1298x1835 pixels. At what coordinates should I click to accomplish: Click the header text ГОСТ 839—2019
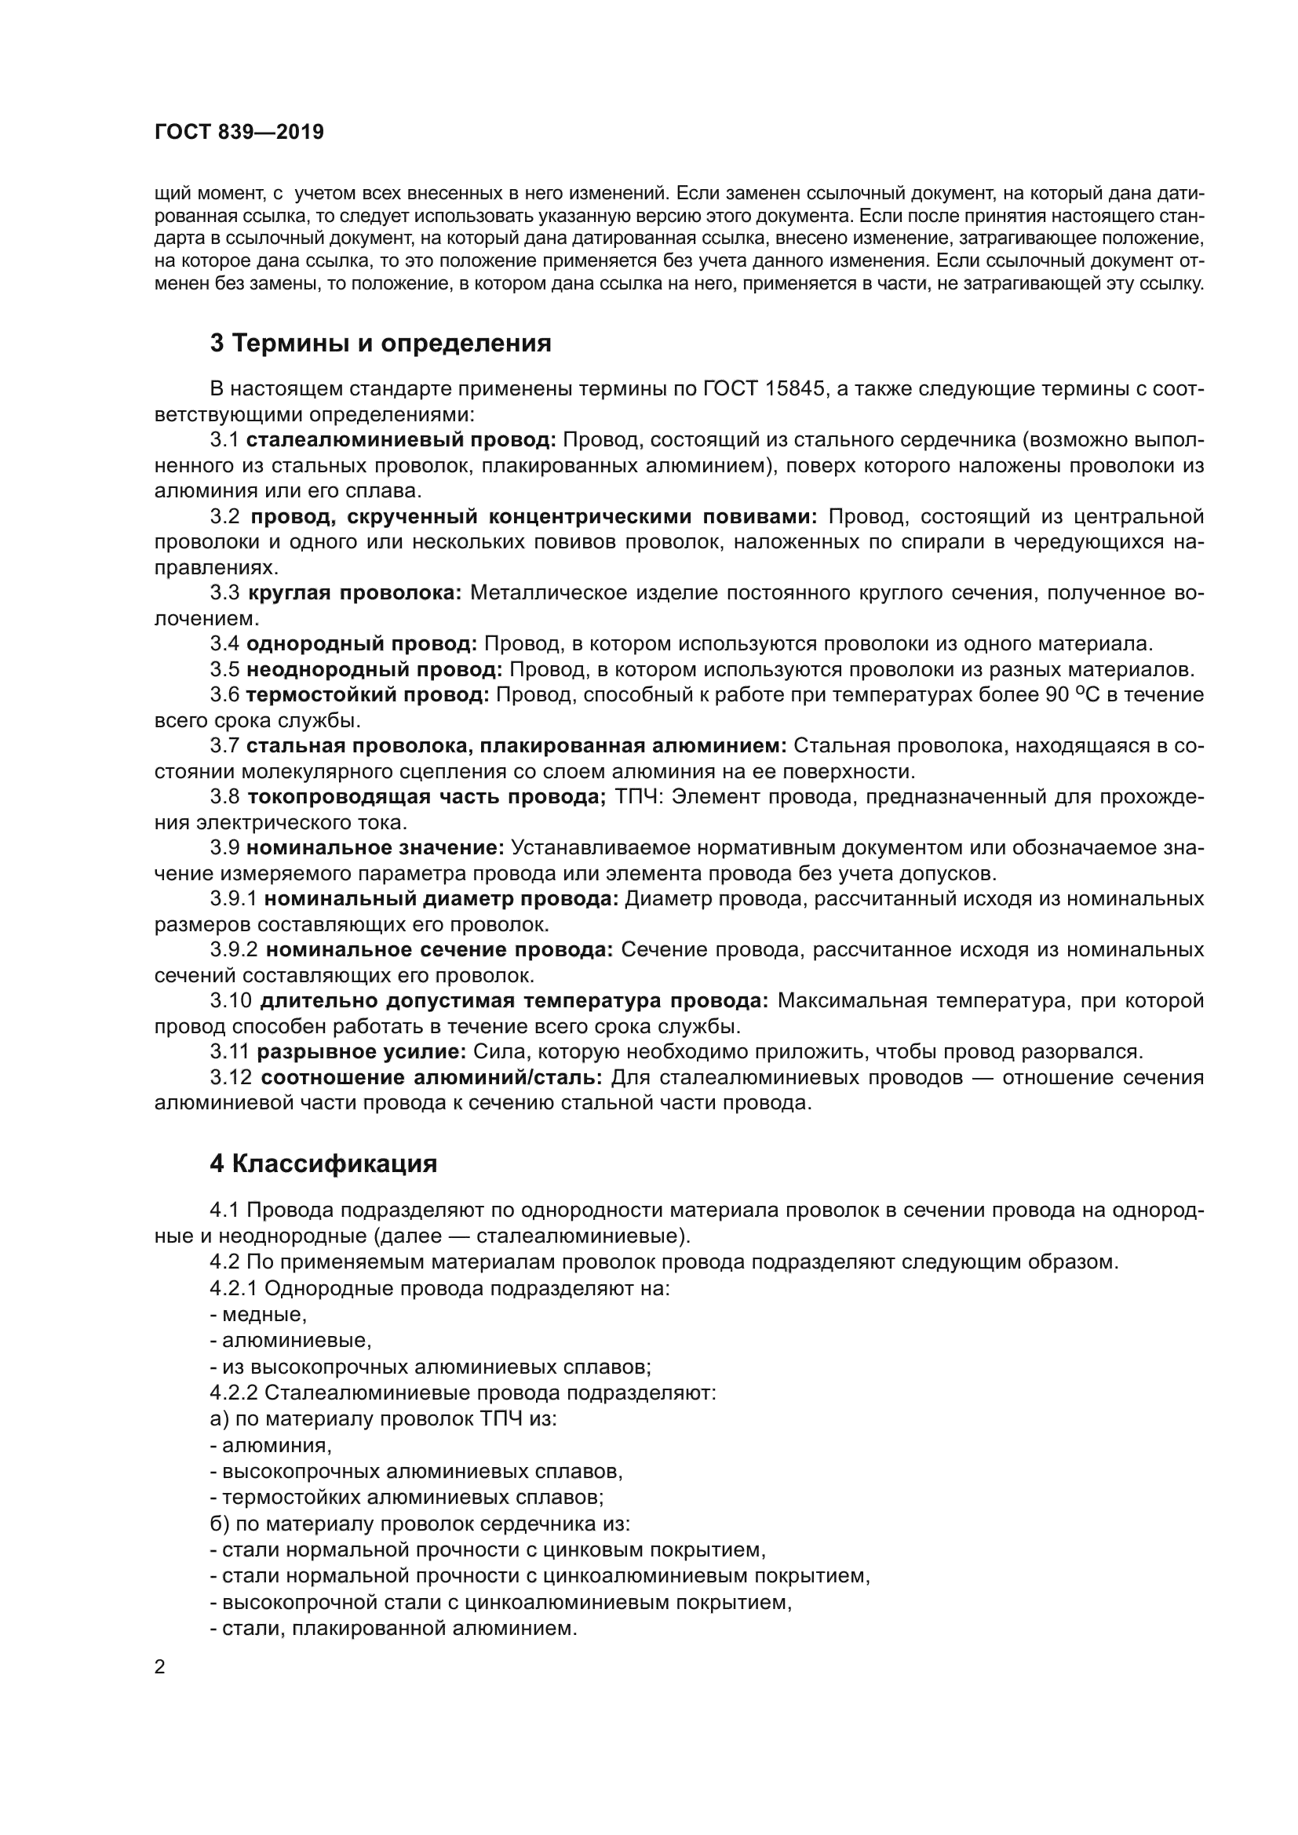coord(239,132)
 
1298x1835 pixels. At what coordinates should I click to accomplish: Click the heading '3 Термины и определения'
coord(381,343)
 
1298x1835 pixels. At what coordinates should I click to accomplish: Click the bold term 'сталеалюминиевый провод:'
coord(401,439)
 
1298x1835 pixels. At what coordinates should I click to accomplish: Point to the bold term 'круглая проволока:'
coord(355,593)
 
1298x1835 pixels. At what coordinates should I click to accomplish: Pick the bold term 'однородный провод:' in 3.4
coord(361,643)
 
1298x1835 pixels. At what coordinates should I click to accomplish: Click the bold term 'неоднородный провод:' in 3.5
coord(374,669)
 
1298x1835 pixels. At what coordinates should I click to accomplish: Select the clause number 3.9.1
coord(233,898)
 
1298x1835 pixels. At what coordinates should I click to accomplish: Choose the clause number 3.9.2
coord(234,949)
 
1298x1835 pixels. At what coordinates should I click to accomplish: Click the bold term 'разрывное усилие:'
coord(361,1052)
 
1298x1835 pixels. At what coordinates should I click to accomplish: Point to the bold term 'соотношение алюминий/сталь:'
coord(432,1077)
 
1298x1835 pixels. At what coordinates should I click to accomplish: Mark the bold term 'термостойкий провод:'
coord(367,694)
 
